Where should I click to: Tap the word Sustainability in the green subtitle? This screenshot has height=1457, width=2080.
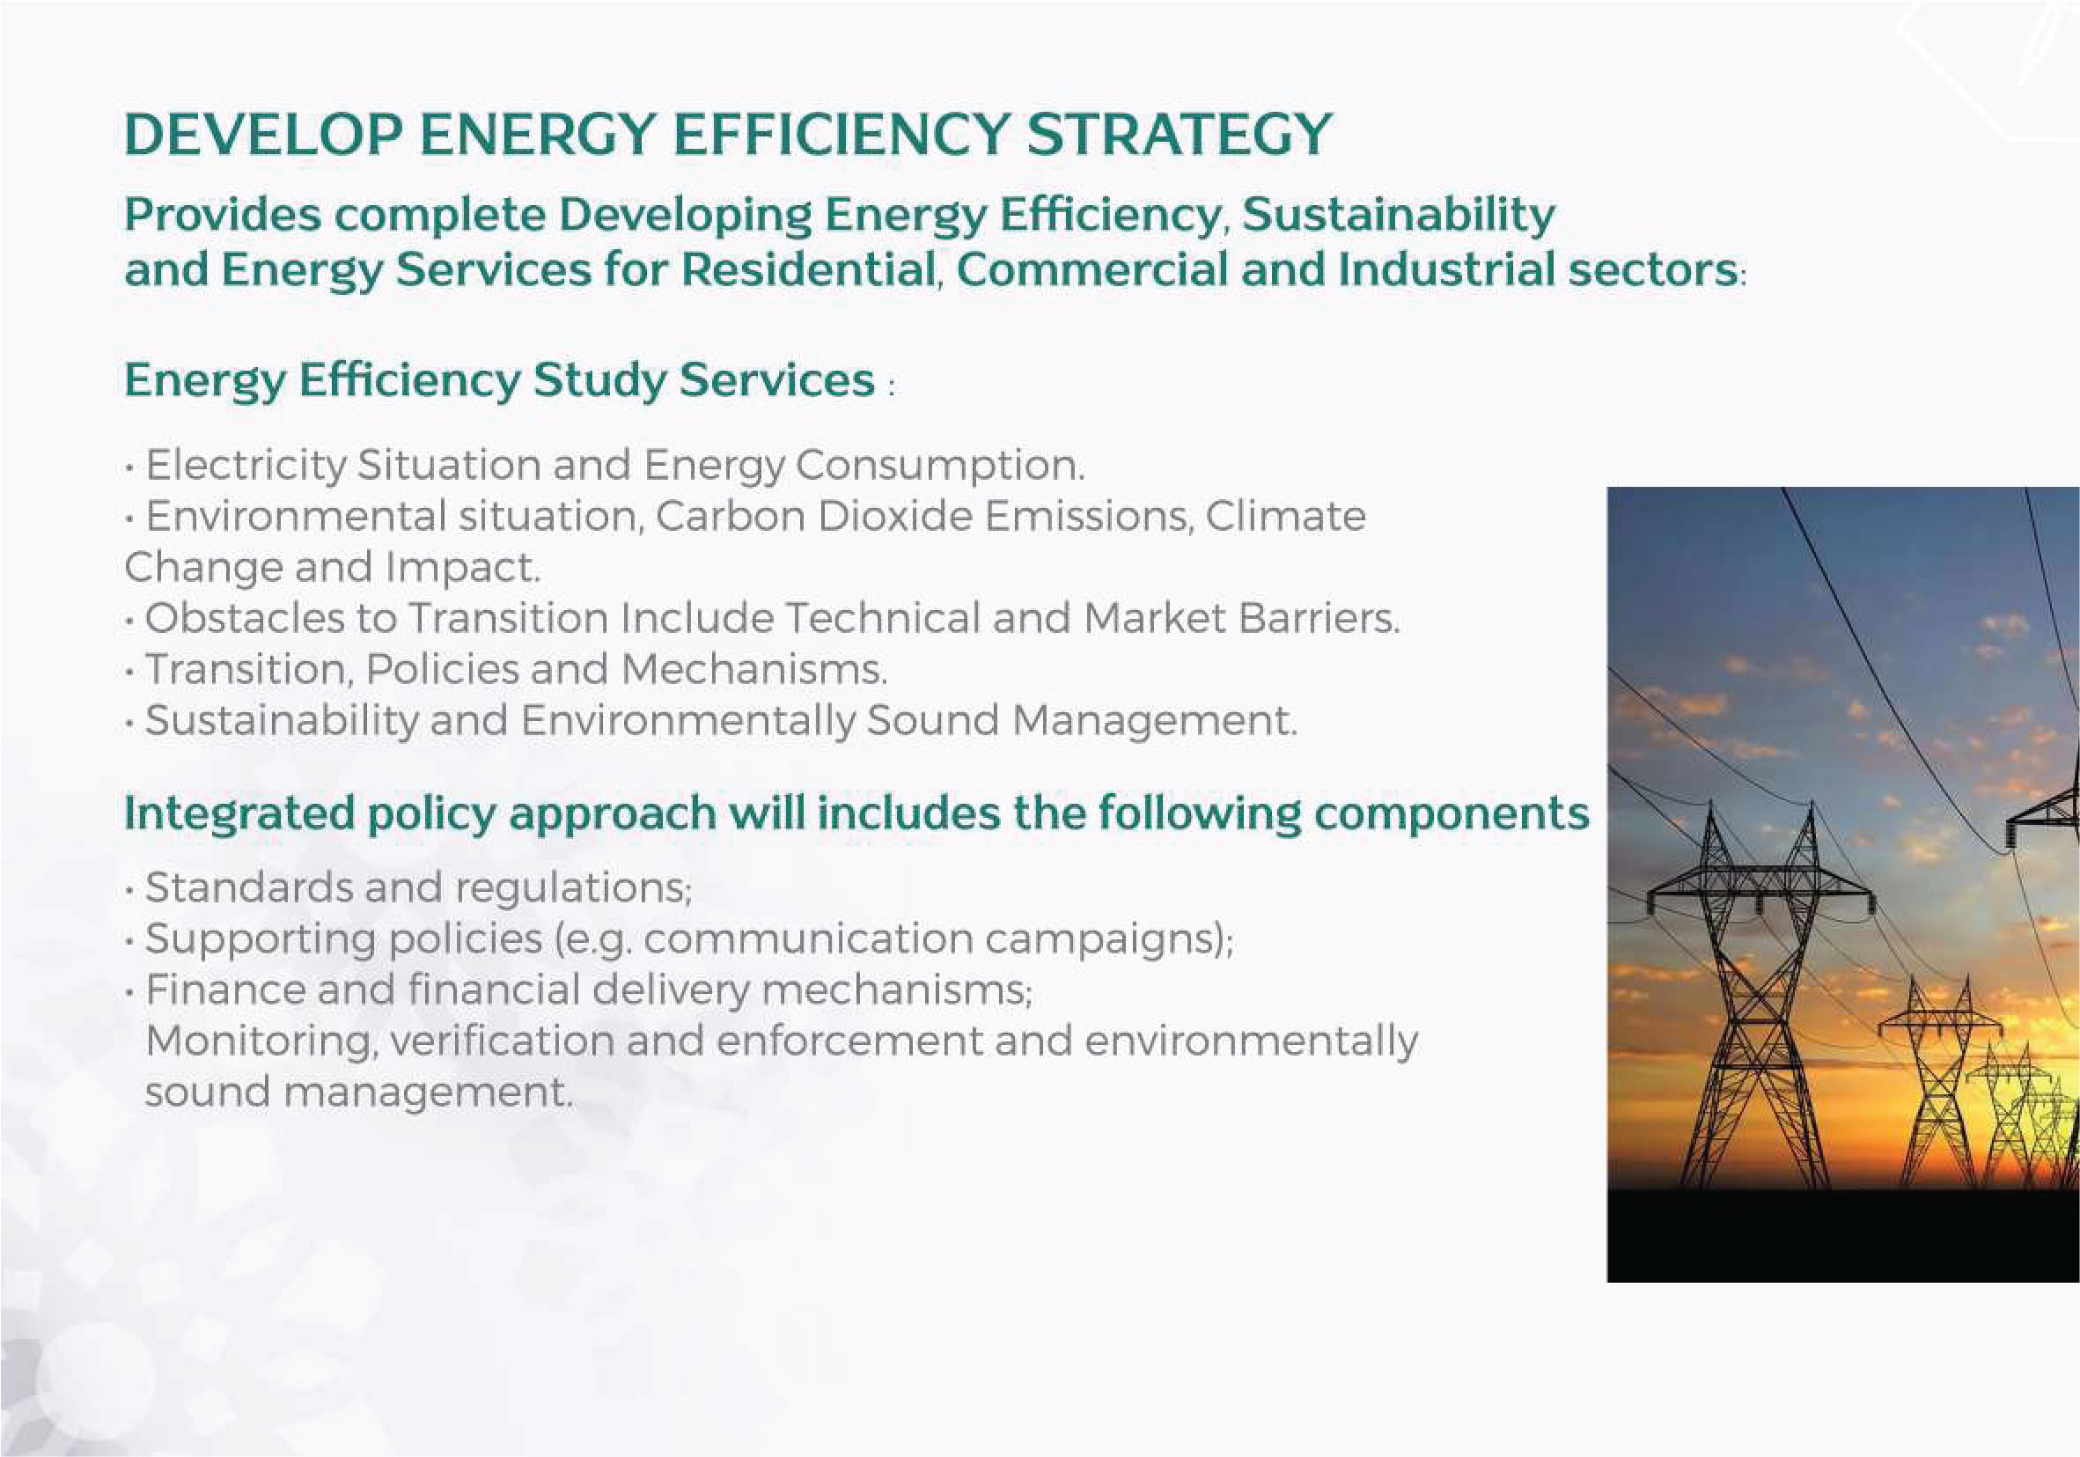(x=1398, y=217)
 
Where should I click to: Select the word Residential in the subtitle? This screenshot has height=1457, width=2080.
(x=808, y=270)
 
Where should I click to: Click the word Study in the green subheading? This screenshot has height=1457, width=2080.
(x=599, y=381)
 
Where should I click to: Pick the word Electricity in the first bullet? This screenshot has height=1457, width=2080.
(x=246, y=467)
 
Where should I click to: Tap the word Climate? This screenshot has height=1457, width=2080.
(x=1284, y=517)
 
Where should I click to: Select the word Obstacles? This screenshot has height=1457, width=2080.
(x=245, y=619)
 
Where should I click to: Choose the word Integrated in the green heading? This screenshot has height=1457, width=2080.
(x=239, y=814)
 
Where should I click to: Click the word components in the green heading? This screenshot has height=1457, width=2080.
(x=1452, y=814)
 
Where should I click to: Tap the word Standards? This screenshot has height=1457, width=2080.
(x=249, y=887)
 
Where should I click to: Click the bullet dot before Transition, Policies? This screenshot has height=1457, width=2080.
(x=131, y=672)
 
